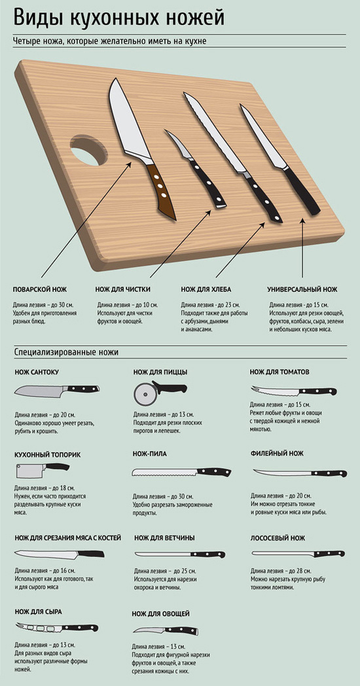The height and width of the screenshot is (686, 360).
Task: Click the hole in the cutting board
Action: click(88, 150)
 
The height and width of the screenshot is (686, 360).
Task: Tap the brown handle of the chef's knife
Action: click(161, 190)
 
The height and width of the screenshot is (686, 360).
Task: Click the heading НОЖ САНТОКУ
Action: click(37, 372)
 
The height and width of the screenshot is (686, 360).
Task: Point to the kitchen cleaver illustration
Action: click(43, 470)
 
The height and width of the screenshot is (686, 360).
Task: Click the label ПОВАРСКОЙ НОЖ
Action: click(40, 289)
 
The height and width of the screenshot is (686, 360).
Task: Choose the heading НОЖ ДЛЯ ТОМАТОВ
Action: click(279, 372)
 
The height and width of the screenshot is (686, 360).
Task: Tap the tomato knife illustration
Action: click(293, 391)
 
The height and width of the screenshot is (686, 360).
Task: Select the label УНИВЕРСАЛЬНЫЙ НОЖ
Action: click(302, 289)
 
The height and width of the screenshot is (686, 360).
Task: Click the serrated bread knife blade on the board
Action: click(215, 133)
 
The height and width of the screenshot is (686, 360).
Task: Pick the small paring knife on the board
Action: click(195, 168)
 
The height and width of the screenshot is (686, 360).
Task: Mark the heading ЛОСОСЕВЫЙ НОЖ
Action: click(278, 538)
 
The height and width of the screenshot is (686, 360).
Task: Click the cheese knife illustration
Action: click(57, 628)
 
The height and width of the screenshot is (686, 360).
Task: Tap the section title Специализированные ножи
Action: click(66, 352)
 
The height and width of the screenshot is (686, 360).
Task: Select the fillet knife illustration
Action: click(300, 473)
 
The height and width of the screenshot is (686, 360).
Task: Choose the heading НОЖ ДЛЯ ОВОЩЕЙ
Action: click(160, 614)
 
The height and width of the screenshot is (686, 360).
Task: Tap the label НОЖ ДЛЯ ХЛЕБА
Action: click(206, 289)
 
